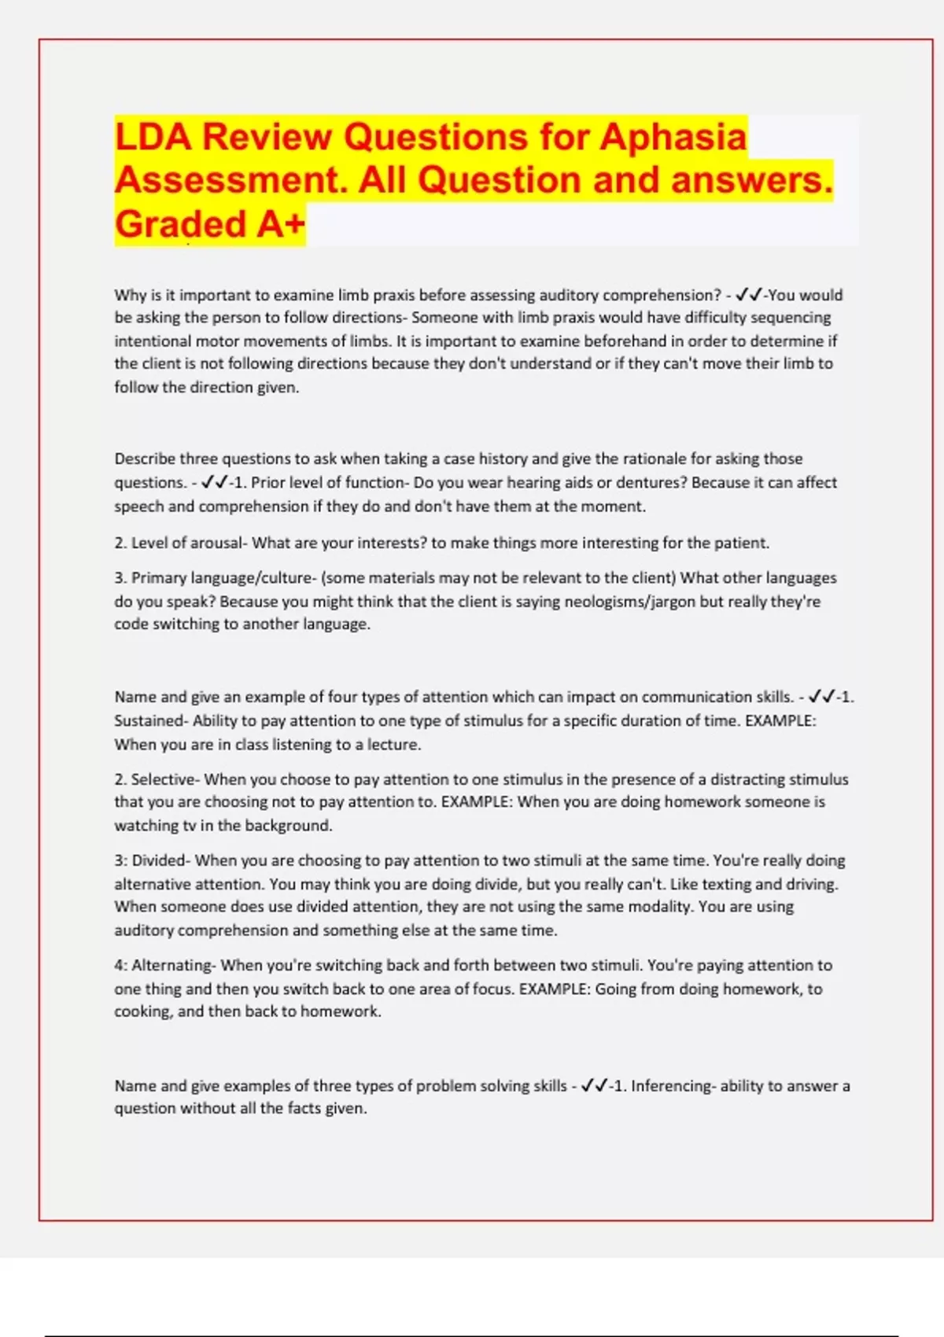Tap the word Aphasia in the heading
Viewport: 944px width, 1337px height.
(673, 137)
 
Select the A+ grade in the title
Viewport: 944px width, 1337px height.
(280, 224)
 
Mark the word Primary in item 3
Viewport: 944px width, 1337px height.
(155, 578)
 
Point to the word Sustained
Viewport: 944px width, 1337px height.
(146, 720)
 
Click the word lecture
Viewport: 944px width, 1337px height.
(393, 744)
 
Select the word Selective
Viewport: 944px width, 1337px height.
(163, 779)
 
